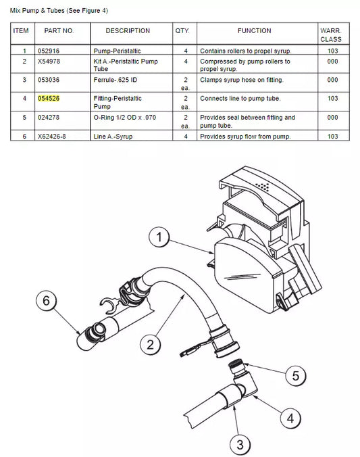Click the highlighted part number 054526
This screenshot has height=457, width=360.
click(x=49, y=99)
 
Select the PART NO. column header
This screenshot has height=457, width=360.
click(x=59, y=30)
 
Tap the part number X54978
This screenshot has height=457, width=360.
click(x=49, y=62)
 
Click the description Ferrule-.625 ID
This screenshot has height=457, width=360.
click(x=115, y=80)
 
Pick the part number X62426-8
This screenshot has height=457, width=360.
click(x=51, y=137)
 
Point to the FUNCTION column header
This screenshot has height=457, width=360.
click(x=254, y=30)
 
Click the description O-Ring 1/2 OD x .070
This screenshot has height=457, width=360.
click(x=125, y=118)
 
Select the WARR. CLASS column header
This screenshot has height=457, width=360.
click(x=331, y=35)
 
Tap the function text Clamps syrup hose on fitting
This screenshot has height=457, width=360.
click(x=242, y=80)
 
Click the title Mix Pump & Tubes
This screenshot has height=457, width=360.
click(x=37, y=11)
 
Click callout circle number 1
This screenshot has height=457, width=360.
click(x=159, y=237)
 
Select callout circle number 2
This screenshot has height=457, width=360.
click(x=151, y=345)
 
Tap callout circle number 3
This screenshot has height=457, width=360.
click(x=240, y=445)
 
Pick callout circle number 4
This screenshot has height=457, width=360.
click(x=290, y=418)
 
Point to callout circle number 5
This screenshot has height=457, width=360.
click(x=296, y=376)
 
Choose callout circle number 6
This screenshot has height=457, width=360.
click(x=47, y=300)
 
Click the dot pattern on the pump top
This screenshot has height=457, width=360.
click(x=263, y=187)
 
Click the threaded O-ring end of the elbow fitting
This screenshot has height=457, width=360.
click(x=235, y=365)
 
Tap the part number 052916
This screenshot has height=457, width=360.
click(x=49, y=51)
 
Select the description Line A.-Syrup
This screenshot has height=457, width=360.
click(x=113, y=137)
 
